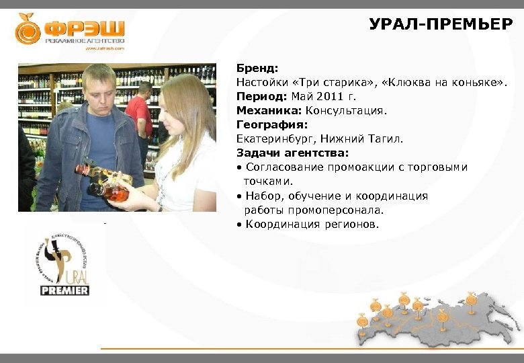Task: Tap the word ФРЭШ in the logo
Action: point(85,28)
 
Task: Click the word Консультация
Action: point(347,110)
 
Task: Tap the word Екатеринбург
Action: point(275,139)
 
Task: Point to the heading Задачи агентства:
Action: point(292,153)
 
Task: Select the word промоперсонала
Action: point(345,210)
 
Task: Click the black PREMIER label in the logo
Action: point(64,290)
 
